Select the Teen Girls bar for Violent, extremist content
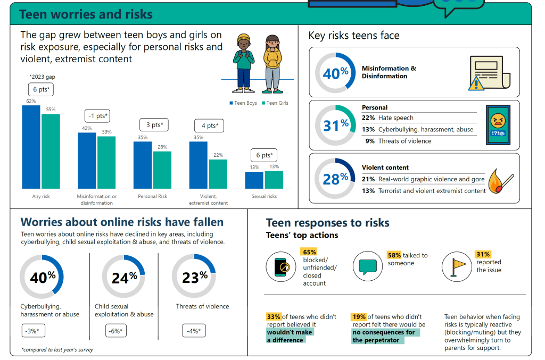pos(218,174)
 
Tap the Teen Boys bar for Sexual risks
pos(254,180)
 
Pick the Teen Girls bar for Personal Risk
pos(162,170)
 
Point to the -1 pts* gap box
pos(97,116)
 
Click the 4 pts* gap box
pos(208,126)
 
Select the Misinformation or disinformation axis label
pos(97,199)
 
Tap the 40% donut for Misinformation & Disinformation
pos(335,73)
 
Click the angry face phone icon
pos(498,125)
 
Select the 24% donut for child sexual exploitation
pos(123,277)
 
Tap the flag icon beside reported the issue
pos(458,266)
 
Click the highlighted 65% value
pos(309,252)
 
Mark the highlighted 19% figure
pos(359,317)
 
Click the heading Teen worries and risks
pos(86,14)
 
